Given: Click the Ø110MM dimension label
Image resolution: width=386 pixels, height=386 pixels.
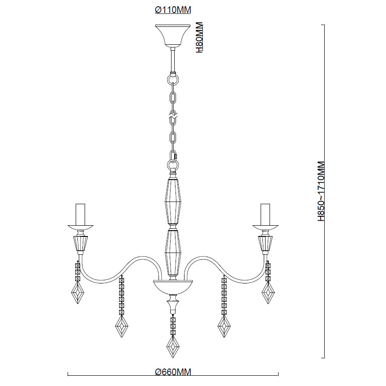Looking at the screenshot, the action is (173, 10).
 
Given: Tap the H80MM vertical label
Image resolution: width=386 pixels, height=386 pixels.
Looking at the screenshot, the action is (199, 38).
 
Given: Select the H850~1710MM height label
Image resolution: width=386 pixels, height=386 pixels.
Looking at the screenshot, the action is (321, 192).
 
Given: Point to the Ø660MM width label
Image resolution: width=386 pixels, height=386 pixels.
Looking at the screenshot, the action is (173, 372).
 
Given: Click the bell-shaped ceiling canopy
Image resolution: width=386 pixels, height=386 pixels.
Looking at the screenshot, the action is (173, 36).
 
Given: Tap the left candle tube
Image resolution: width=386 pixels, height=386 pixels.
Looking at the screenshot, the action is (80, 214).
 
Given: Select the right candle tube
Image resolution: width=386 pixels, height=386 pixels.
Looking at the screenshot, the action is (266, 214).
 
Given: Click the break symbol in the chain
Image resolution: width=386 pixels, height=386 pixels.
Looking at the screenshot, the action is (173, 115).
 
